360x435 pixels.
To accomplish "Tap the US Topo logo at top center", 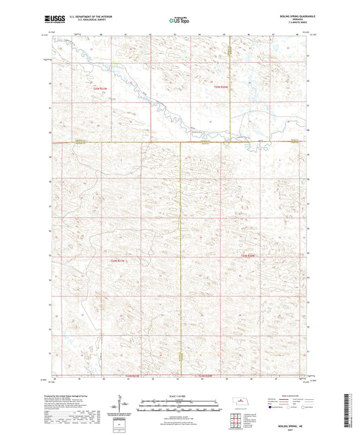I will point(177,21).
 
